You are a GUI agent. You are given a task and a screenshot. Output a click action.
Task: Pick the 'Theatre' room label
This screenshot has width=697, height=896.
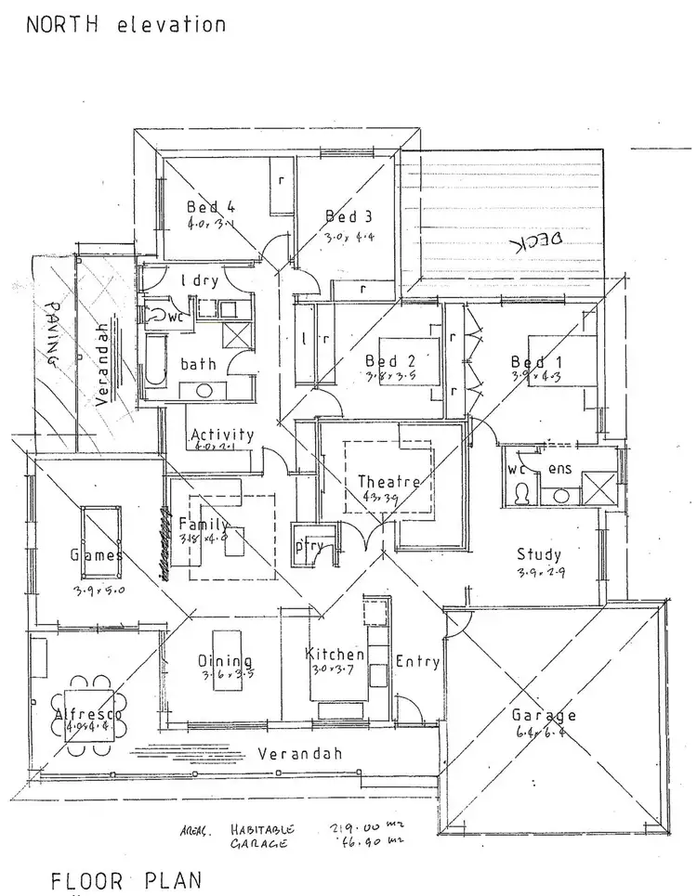(389, 482)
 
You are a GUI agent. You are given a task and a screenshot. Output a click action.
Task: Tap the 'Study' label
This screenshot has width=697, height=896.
(540, 555)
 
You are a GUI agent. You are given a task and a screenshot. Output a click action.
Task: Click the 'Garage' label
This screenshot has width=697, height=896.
(544, 715)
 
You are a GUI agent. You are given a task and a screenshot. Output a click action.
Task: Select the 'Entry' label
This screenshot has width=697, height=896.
(417, 661)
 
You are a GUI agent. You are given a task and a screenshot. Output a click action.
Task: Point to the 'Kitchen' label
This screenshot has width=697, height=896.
(335, 655)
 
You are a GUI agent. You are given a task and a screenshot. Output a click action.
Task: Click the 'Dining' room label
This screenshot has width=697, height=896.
(219, 660)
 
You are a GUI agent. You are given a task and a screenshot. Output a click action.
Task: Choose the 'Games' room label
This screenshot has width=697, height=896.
(97, 555)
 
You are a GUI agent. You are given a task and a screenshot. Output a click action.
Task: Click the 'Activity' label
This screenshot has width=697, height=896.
(221, 434)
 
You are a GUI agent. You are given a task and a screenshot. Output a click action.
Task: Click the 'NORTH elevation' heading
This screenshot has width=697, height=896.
(125, 24)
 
